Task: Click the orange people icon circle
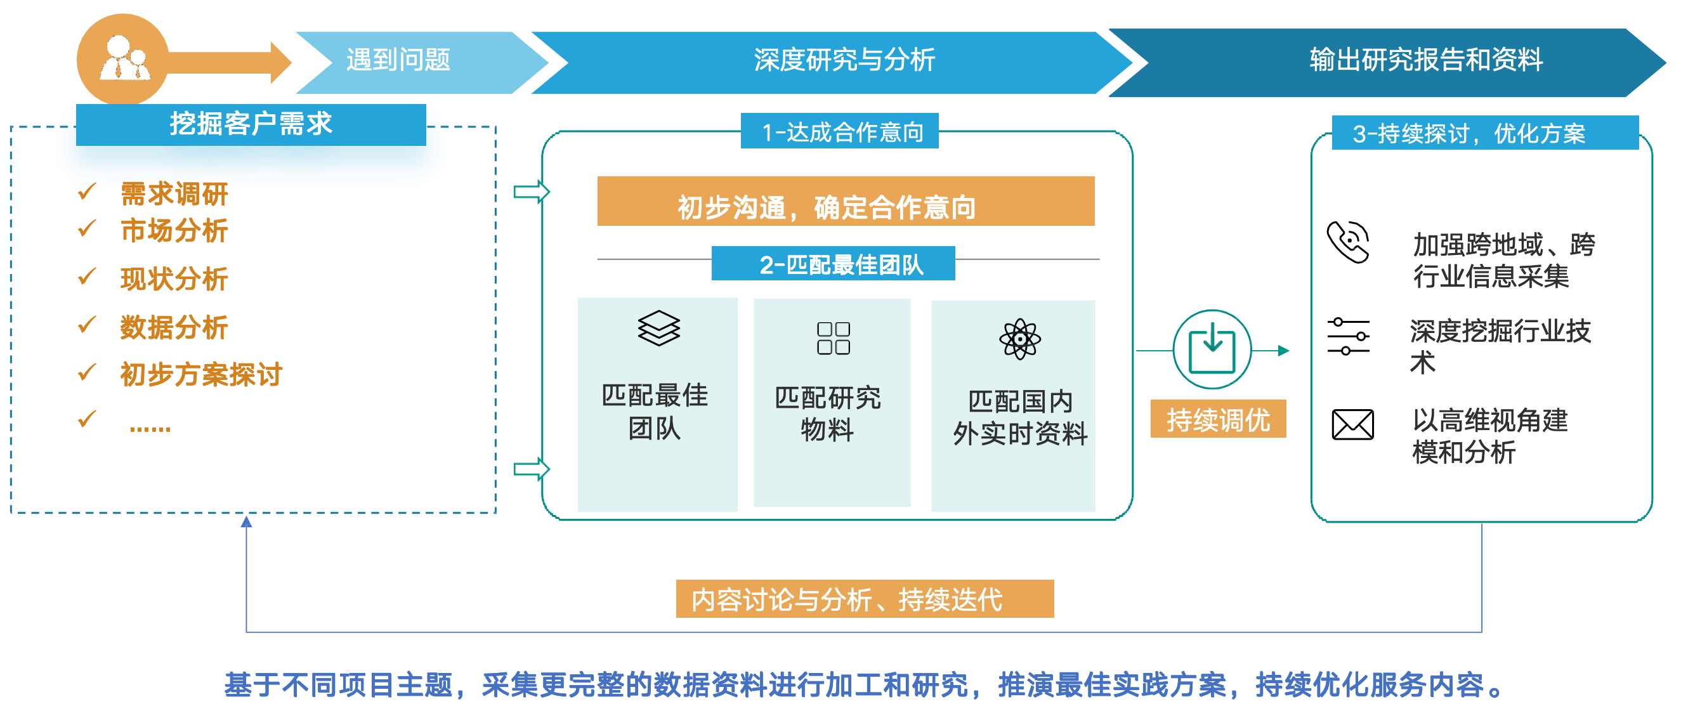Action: click(x=122, y=60)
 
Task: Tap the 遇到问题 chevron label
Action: click(x=398, y=60)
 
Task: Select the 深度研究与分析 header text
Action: click(x=844, y=60)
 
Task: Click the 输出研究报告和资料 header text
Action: click(x=1426, y=60)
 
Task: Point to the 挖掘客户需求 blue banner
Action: click(x=251, y=124)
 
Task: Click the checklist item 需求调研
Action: click(x=174, y=194)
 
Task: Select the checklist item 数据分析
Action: click(x=174, y=327)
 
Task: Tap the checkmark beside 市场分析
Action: click(x=87, y=228)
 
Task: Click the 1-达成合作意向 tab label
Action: click(x=840, y=131)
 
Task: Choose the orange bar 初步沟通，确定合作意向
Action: click(x=846, y=202)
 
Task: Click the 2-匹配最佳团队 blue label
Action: click(x=834, y=264)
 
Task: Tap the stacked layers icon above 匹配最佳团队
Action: click(x=658, y=327)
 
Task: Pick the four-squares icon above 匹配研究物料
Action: click(x=834, y=338)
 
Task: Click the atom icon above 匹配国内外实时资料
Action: click(x=1020, y=339)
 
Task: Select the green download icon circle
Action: click(x=1212, y=350)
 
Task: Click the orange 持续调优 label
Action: click(x=1219, y=419)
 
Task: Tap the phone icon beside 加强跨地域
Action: click(x=1348, y=242)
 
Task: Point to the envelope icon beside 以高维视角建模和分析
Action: click(x=1353, y=425)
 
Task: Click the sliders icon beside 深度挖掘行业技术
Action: click(x=1348, y=336)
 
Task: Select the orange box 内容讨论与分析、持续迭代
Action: click(x=865, y=599)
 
